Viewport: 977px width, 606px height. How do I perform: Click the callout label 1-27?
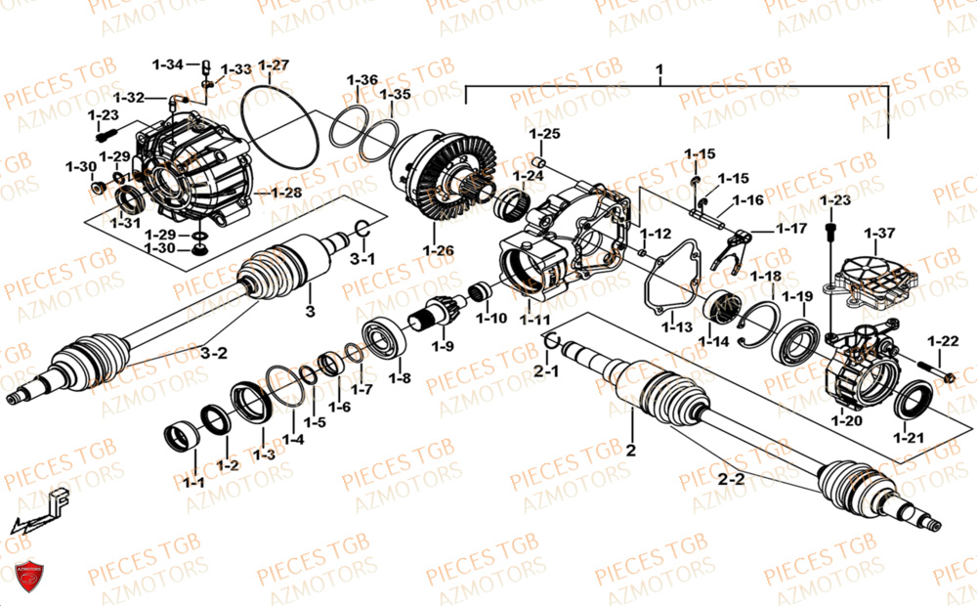pyautogui.click(x=274, y=65)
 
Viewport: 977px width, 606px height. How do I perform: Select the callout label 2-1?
pyautogui.click(x=547, y=371)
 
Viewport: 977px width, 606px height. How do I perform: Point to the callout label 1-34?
pyautogui.click(x=167, y=65)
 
